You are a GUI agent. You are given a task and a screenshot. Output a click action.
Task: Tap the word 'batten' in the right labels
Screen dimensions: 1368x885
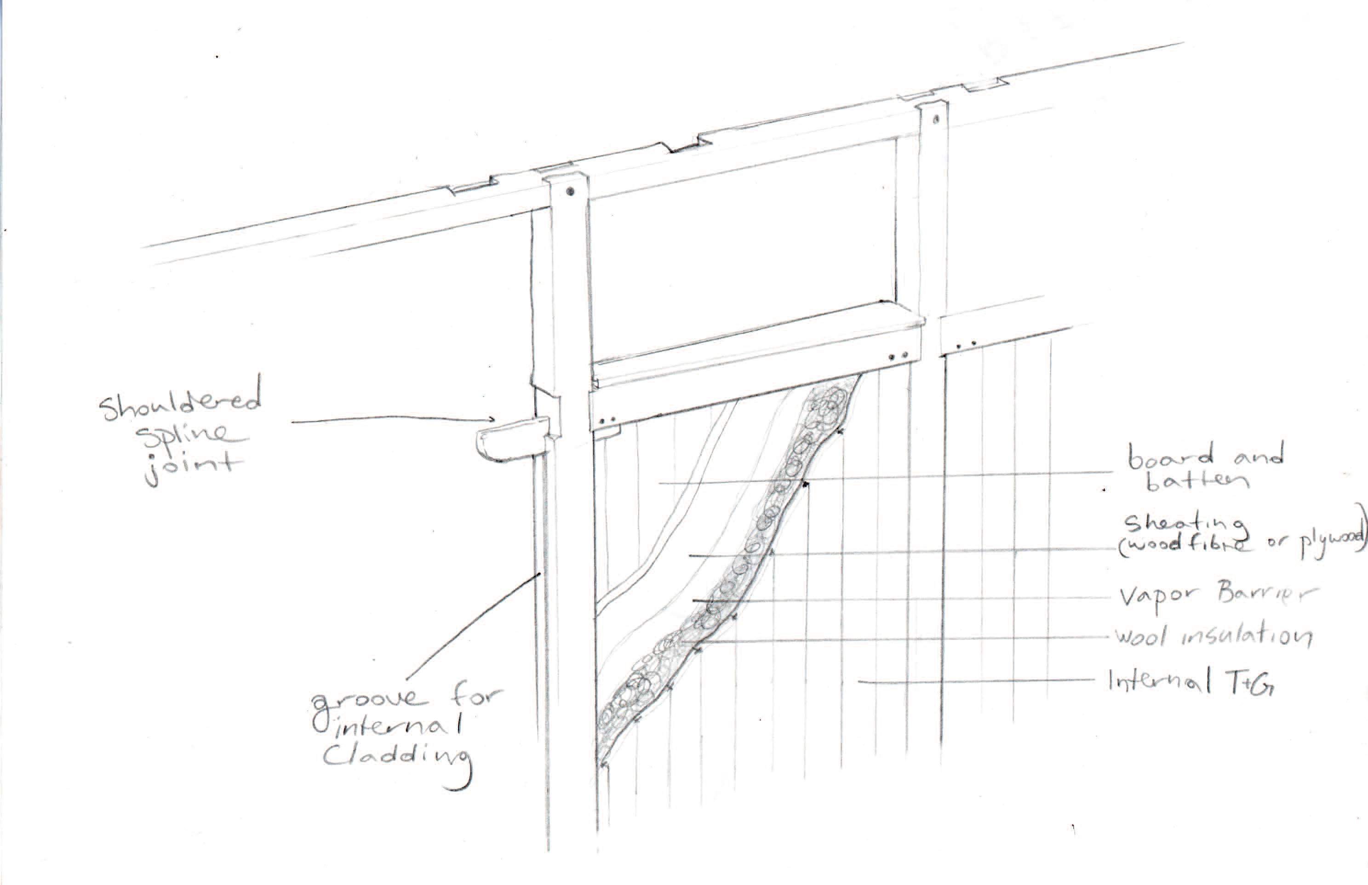(x=1196, y=481)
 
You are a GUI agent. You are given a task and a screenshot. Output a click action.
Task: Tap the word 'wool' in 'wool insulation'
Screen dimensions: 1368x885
(x=1141, y=637)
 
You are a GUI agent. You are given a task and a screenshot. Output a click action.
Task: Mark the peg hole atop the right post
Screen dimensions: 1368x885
(x=935, y=120)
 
